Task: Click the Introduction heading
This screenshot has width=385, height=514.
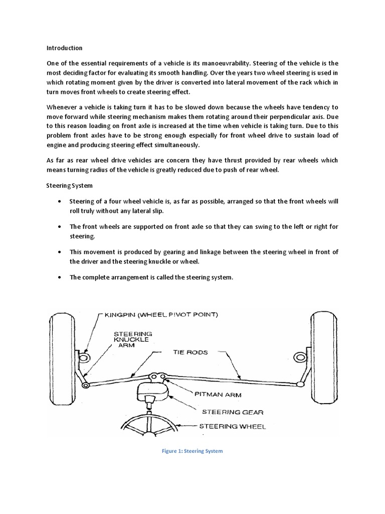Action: (64, 48)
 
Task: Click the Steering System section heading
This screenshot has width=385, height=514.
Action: (68, 185)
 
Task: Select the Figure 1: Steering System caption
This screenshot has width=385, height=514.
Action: (192, 451)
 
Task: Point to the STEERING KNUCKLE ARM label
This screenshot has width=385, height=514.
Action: (133, 339)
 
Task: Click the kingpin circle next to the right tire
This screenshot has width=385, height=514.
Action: (301, 357)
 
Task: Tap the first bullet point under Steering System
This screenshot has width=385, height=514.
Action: (60, 201)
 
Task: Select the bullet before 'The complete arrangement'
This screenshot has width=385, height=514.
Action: (60, 278)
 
